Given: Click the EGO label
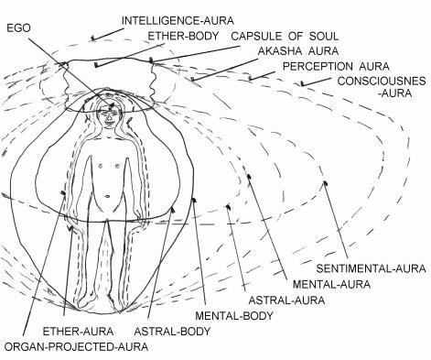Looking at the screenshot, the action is (x=18, y=28).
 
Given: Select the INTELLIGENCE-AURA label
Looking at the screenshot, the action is (x=178, y=21).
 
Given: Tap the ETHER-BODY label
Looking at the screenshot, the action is (x=184, y=36).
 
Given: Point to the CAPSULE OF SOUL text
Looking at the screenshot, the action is (x=285, y=36).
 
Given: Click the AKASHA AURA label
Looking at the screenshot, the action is (x=298, y=51).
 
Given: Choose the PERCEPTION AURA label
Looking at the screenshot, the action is (x=336, y=66).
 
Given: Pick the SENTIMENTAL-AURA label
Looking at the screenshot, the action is (x=371, y=268).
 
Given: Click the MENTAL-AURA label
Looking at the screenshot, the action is (x=331, y=284).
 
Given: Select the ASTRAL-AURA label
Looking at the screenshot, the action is (x=286, y=300).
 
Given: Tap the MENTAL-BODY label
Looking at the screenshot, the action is (x=234, y=315).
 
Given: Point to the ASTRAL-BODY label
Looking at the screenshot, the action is (x=172, y=331).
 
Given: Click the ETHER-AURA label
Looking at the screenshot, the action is (x=78, y=331).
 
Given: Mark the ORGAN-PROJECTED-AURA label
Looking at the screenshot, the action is (x=77, y=347).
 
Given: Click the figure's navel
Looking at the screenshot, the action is (x=108, y=196).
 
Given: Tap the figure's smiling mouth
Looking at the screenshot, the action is (x=109, y=124).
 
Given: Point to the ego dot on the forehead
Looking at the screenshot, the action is (x=112, y=105).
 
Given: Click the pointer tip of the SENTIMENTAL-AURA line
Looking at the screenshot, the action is (x=325, y=182).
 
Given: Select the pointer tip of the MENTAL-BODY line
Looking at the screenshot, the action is (x=193, y=200).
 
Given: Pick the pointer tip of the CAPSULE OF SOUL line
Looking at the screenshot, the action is (x=151, y=60).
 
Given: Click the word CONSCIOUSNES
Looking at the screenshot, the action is (x=382, y=82).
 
